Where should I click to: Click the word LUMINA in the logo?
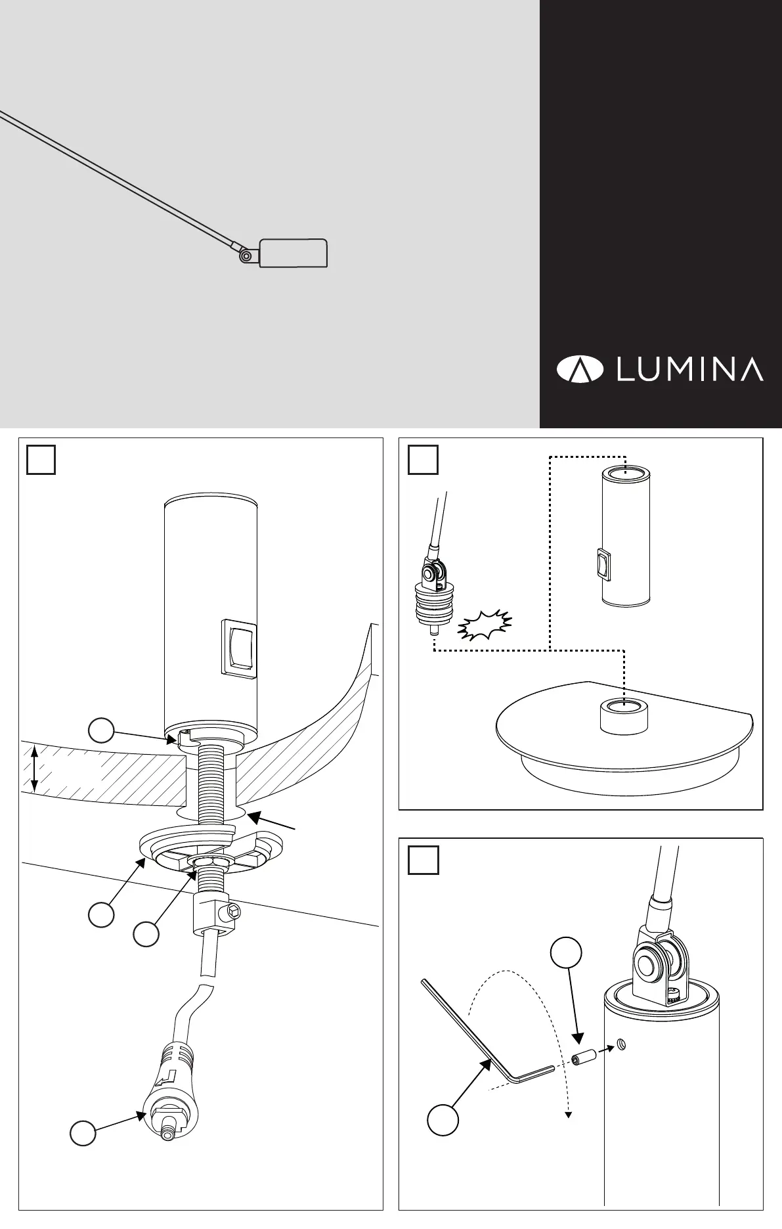pyautogui.click(x=689, y=370)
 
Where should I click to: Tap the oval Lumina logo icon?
pyautogui.click(x=580, y=370)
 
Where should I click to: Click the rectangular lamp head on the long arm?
pyautogui.click(x=293, y=253)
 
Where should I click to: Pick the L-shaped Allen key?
pyautogui.click(x=486, y=1044)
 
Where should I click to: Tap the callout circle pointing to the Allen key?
pyautogui.click(x=443, y=1120)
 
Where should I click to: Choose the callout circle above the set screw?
pyautogui.click(x=566, y=953)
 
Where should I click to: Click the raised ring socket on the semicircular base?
pyautogui.click(x=622, y=715)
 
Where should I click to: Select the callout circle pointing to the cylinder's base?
pyautogui.click(x=102, y=729)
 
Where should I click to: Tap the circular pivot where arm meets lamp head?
pyautogui.click(x=246, y=256)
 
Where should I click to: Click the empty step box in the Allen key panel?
pyautogui.click(x=424, y=860)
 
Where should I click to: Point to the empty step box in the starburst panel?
pyautogui.click(x=423, y=459)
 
